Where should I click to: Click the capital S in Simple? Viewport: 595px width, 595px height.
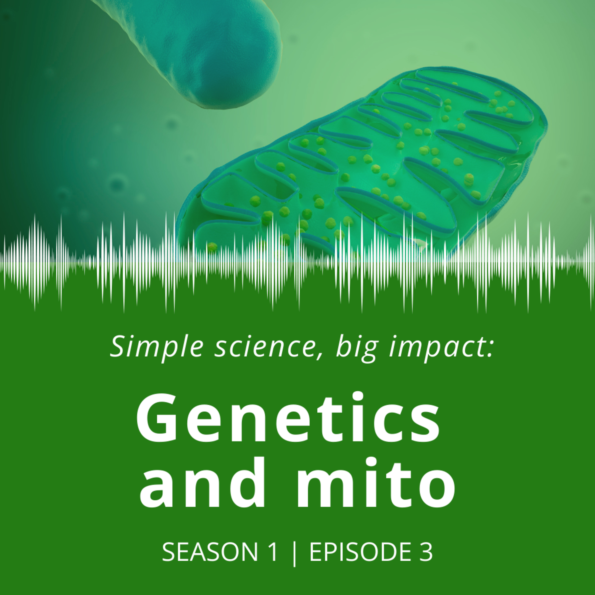tap(119, 346)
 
